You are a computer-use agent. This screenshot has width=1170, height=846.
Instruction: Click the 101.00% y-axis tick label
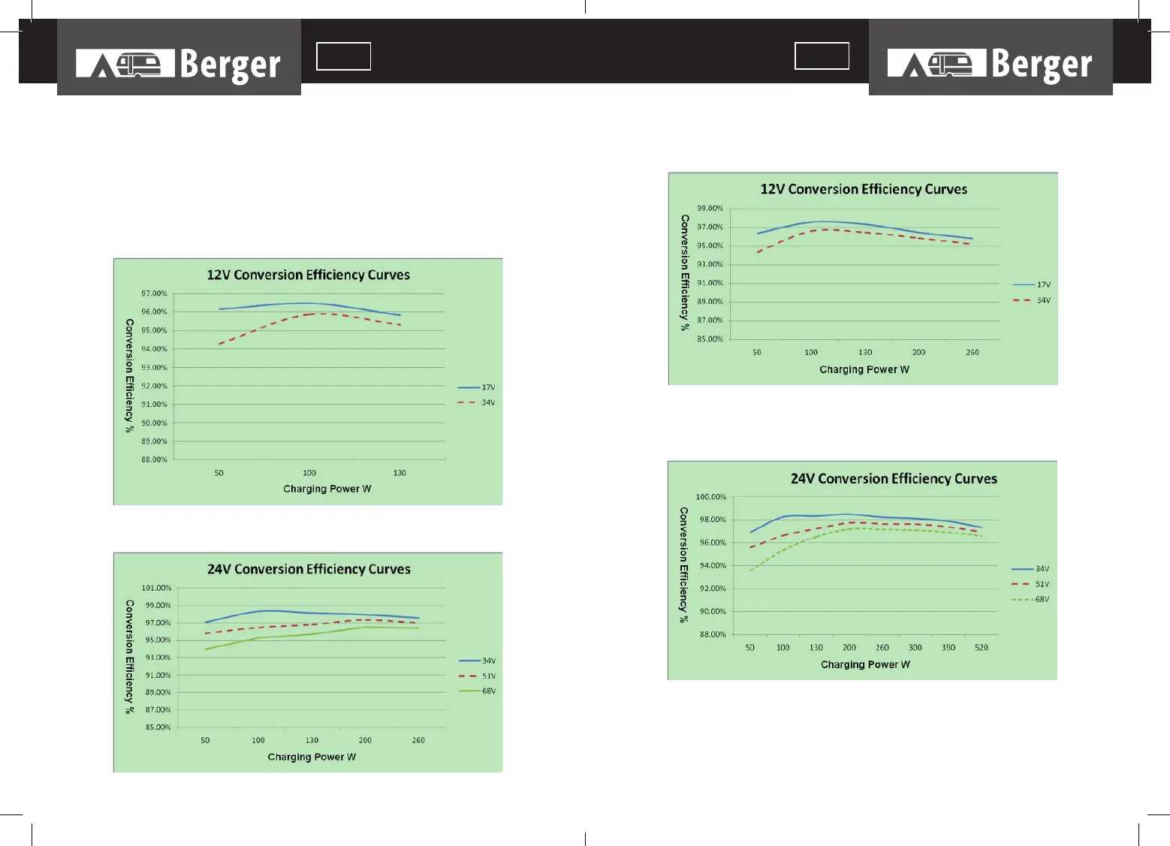coord(156,588)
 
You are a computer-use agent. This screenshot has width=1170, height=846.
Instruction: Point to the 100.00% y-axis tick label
coord(710,497)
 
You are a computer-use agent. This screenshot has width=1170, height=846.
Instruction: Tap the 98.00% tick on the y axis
coord(713,519)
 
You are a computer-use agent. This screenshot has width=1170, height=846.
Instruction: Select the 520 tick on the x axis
coord(982,647)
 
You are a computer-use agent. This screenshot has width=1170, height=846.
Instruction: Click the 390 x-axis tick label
coord(948,647)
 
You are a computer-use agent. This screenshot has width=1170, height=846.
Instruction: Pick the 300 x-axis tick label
coord(915,647)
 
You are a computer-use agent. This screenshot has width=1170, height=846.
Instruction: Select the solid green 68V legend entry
coord(478,691)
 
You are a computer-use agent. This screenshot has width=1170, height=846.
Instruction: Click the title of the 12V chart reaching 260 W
coord(864,189)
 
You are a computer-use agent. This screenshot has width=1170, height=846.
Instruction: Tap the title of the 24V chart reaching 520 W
coord(894,479)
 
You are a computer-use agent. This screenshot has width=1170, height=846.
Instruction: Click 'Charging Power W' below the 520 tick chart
coord(865,664)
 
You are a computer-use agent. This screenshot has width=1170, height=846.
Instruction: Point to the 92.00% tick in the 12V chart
coord(154,386)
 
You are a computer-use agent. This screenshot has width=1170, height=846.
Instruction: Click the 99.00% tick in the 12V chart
coord(710,209)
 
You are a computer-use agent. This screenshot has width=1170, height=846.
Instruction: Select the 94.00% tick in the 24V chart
coord(713,565)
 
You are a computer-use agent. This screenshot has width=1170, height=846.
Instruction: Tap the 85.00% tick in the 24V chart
coord(158,727)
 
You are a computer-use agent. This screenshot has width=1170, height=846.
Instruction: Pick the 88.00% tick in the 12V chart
coord(154,459)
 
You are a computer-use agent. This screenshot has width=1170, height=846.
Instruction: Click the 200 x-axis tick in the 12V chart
coord(918,352)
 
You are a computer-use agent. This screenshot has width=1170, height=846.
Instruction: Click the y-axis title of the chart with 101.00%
coord(129,657)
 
